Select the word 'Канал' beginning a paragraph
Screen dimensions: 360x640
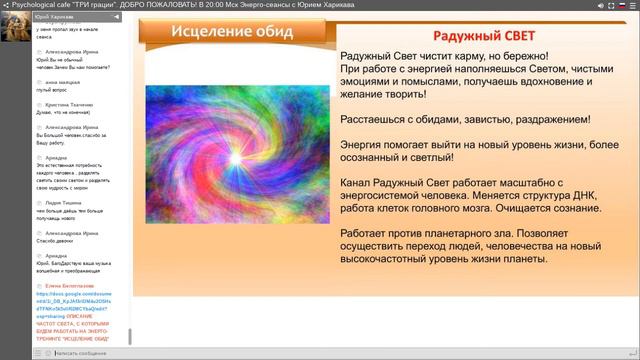(359, 184)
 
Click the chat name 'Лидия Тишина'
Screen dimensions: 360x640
(62, 201)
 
